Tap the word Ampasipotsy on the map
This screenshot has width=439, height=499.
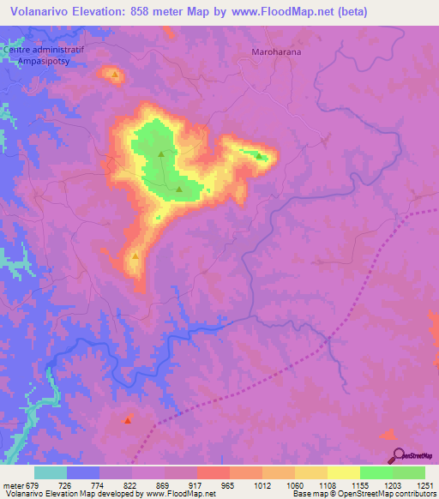43,63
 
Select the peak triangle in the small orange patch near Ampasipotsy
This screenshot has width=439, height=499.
114,75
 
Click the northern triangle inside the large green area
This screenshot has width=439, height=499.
160,154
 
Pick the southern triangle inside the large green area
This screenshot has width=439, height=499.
178,189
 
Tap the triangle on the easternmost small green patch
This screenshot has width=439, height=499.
258,155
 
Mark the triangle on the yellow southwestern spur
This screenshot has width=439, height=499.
135,256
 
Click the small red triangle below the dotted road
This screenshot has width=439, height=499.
127,420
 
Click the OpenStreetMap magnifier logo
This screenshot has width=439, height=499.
399,454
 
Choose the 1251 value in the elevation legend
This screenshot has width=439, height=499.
425,485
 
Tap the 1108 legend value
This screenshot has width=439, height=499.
328,485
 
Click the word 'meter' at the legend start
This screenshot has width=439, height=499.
12,485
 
